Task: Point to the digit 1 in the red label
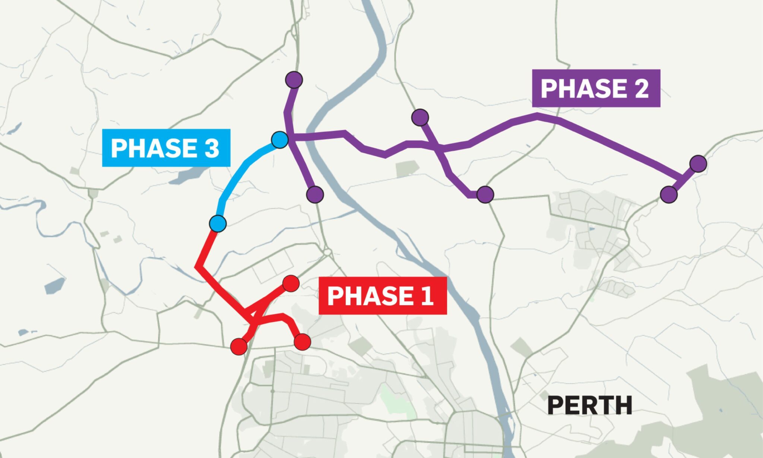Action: tap(427, 296)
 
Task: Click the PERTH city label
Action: tap(590, 405)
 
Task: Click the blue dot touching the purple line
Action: tap(279, 140)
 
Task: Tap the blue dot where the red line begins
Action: tap(218, 223)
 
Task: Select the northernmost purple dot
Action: tap(294, 79)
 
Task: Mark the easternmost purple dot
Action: tap(698, 163)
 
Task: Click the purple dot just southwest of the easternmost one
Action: tap(668, 194)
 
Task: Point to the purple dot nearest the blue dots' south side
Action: tap(315, 194)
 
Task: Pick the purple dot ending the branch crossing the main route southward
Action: tap(485, 194)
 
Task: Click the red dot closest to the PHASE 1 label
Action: tap(291, 284)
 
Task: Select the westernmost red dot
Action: tap(238, 346)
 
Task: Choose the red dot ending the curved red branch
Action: tap(302, 342)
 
